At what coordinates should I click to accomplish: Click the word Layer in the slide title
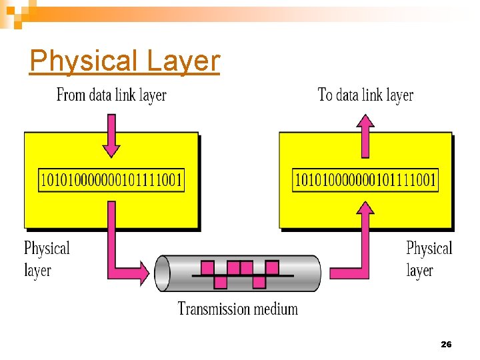coord(183,61)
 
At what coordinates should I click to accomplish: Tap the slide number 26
coord(446,344)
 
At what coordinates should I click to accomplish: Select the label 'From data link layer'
coord(111,95)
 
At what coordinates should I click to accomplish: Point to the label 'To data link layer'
coord(365,95)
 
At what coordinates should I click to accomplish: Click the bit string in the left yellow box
coord(112,179)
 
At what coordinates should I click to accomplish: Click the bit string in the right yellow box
coord(365,179)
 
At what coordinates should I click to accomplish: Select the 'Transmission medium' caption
coord(237,309)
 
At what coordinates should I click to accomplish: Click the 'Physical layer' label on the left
coord(46,259)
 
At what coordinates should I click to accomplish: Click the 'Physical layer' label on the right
coord(429,259)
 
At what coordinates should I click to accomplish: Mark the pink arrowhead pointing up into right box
coord(365,212)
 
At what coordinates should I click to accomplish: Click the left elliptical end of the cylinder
coord(163,273)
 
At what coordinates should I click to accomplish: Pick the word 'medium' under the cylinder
coord(277,309)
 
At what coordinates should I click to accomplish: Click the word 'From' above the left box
coord(71,95)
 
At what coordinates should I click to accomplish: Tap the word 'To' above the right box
coord(325,95)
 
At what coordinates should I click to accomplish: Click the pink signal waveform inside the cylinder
coord(240,273)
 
